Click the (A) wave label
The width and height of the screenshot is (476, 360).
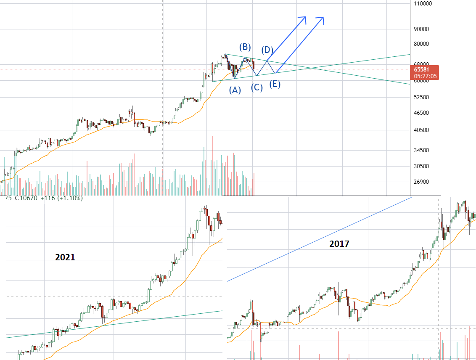[235, 90]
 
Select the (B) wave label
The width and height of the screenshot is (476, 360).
[245, 47]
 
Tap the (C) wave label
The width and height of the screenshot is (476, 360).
[257, 88]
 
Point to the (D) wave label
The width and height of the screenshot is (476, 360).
[267, 50]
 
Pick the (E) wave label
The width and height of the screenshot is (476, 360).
[275, 84]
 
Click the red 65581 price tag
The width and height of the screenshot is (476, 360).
[422, 69]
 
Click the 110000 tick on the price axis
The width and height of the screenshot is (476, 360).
[423, 3]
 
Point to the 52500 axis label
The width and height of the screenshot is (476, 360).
[421, 97]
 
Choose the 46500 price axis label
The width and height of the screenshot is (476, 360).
[421, 113]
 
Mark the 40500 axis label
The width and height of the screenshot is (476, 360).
[421, 130]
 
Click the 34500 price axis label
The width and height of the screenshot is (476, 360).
[421, 150]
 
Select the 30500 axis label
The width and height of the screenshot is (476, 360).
[421, 166]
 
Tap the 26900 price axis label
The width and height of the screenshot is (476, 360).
[421, 182]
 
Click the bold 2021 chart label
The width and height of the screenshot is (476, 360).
[65, 257]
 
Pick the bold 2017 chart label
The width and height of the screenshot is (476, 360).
[339, 244]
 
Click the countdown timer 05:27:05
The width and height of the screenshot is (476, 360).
[425, 76]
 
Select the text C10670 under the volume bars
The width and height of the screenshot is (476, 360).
[26, 198]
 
